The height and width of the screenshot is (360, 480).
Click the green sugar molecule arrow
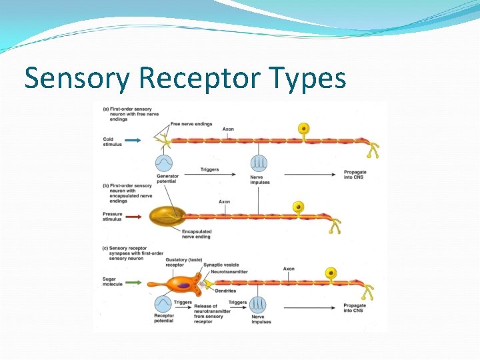(x=133, y=282)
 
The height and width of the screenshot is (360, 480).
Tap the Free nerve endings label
(x=191, y=124)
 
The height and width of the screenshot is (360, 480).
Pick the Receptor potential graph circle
(x=164, y=304)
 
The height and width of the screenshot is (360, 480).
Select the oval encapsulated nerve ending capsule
(x=166, y=216)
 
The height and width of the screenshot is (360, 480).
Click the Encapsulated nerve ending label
(x=196, y=234)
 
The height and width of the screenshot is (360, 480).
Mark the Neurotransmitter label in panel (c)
(x=228, y=272)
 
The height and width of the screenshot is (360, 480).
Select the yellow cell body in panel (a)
(x=303, y=128)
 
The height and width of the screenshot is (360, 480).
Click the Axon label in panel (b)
(x=224, y=202)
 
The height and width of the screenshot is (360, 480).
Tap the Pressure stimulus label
(x=114, y=216)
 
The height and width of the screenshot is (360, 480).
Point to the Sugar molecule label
(x=114, y=283)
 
